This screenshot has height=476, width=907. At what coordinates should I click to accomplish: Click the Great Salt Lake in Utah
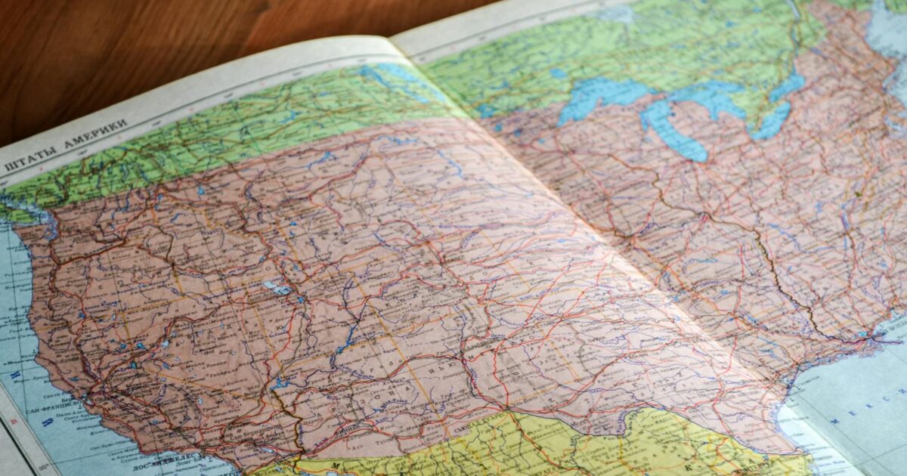pyautogui.click(x=276, y=288)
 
